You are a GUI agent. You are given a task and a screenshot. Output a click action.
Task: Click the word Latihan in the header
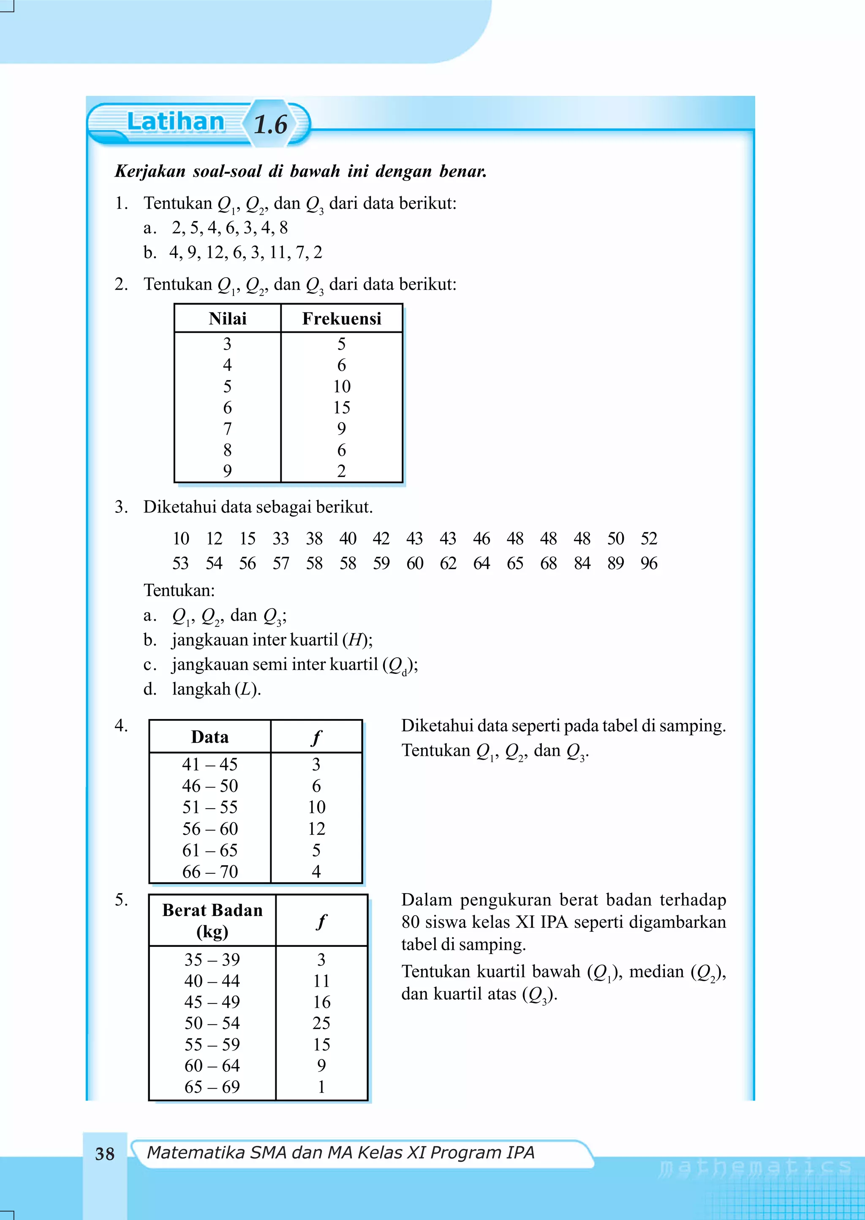175,122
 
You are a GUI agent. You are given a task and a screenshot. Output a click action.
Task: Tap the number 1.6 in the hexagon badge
271,125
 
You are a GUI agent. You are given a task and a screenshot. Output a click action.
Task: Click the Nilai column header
227,319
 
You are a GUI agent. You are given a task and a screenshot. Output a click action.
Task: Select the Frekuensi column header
341,319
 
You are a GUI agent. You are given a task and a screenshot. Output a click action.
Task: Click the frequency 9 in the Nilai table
341,429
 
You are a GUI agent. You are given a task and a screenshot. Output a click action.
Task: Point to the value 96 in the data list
649,563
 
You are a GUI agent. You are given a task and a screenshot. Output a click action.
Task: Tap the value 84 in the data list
582,563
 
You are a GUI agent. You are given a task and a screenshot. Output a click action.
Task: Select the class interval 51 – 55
210,807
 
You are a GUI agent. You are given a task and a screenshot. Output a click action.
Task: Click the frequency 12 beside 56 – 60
316,829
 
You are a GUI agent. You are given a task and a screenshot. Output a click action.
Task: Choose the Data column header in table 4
210,737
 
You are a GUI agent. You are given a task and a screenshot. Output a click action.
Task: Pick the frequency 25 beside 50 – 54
321,1023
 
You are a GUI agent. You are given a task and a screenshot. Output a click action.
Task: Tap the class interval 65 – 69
212,1087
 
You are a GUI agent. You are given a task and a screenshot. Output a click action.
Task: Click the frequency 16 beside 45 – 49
321,1002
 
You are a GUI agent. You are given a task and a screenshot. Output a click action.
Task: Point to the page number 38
105,1154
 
